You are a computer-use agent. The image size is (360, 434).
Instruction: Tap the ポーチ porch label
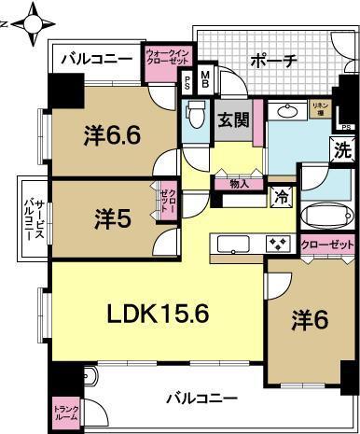pos(274,62)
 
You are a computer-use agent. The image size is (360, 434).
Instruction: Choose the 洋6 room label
pos(312,318)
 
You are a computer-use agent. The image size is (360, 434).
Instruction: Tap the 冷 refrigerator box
pos(280,197)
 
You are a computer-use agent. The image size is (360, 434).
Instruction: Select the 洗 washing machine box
pos(343,147)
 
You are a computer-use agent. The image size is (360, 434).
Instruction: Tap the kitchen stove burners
pos(279,245)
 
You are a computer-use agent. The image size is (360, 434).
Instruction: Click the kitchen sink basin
pos(231,245)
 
